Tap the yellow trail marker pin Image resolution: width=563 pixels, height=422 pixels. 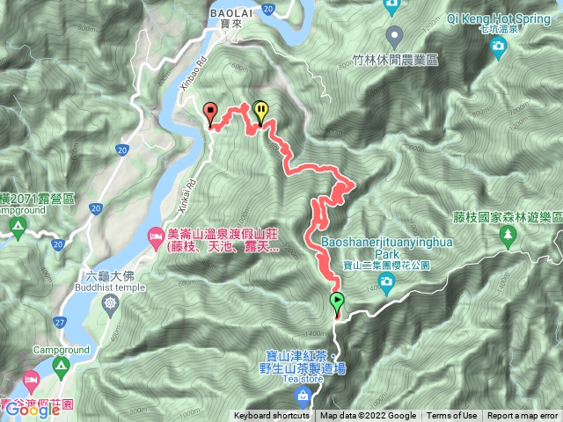(261, 111)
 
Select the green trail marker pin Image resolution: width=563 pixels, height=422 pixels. (337, 303)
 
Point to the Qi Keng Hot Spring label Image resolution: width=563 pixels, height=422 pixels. (498, 18)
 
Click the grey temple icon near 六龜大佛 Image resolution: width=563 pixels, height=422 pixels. (110, 304)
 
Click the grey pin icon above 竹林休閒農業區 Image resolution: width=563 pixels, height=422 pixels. (395, 37)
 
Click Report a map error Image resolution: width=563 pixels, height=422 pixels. (523, 416)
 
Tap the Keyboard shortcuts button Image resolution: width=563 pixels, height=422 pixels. (271, 416)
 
